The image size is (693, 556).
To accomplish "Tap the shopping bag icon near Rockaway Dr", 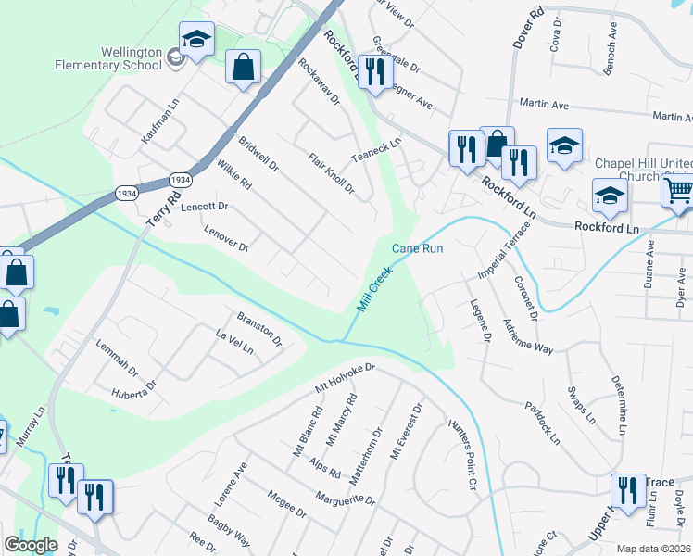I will tap(243, 68).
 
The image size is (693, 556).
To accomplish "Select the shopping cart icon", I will tap(678, 191).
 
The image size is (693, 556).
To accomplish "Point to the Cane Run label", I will tap(418, 248).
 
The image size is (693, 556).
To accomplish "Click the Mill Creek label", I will tap(375, 289).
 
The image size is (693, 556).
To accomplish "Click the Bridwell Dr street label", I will tap(258, 155).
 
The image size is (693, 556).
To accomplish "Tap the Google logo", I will tap(31, 545).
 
